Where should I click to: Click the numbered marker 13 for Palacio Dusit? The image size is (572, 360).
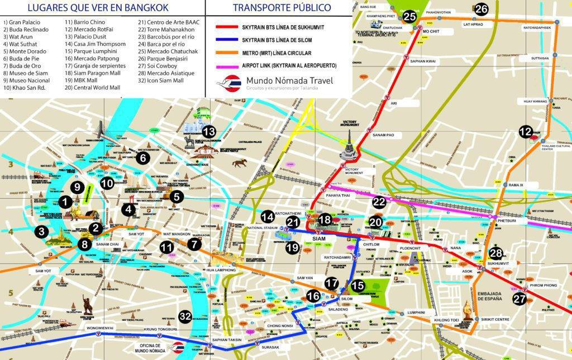coord(208,132)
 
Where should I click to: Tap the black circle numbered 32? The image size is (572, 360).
coord(185,317)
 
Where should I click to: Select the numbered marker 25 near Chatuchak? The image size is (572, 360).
coord(409,16)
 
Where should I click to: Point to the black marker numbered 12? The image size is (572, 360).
coord(525,132)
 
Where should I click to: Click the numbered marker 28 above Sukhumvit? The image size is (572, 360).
coord(496,253)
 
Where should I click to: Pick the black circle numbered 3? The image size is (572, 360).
coord(41,232)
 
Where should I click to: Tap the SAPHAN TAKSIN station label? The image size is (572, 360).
coord(227,340)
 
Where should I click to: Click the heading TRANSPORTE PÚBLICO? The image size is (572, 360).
coord(282,7)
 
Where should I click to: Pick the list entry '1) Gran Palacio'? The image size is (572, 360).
coord(24,22)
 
